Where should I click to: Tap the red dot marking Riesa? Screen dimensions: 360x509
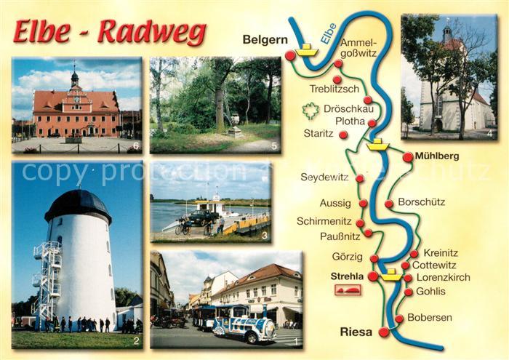[x=384, y=332]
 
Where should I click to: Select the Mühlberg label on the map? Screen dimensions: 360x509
[x=436, y=156]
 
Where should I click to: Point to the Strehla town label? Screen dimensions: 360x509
[x=347, y=276]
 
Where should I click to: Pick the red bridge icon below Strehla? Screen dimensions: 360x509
[x=348, y=289]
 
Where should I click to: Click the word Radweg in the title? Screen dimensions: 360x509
[x=152, y=32]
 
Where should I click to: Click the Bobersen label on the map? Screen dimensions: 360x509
[x=430, y=318]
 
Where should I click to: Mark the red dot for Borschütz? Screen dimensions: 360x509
[x=389, y=204]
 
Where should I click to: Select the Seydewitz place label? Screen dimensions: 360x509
[x=324, y=177]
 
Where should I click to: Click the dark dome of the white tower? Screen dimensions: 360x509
[x=77, y=205]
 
